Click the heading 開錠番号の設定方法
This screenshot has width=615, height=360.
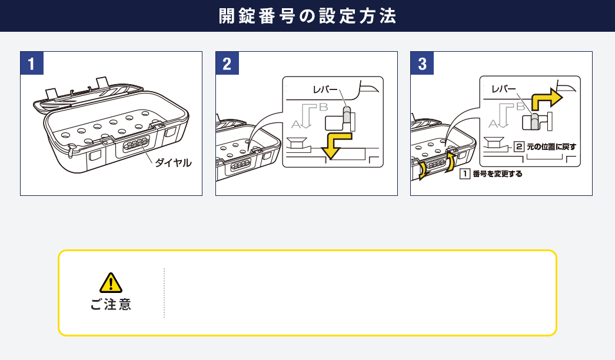[x=307, y=16]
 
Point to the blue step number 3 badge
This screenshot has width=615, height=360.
[x=422, y=63]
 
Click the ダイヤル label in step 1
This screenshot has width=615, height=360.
[x=173, y=163]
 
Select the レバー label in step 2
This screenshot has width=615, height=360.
[x=325, y=90]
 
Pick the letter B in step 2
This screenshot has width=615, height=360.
[x=323, y=107]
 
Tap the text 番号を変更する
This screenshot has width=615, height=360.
[x=497, y=174]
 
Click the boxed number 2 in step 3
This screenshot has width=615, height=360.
[x=519, y=146]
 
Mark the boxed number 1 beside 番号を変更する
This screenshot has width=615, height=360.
[x=464, y=174]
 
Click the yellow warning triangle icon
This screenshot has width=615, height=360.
[x=111, y=283]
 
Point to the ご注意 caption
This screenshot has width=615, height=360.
[x=111, y=305]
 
